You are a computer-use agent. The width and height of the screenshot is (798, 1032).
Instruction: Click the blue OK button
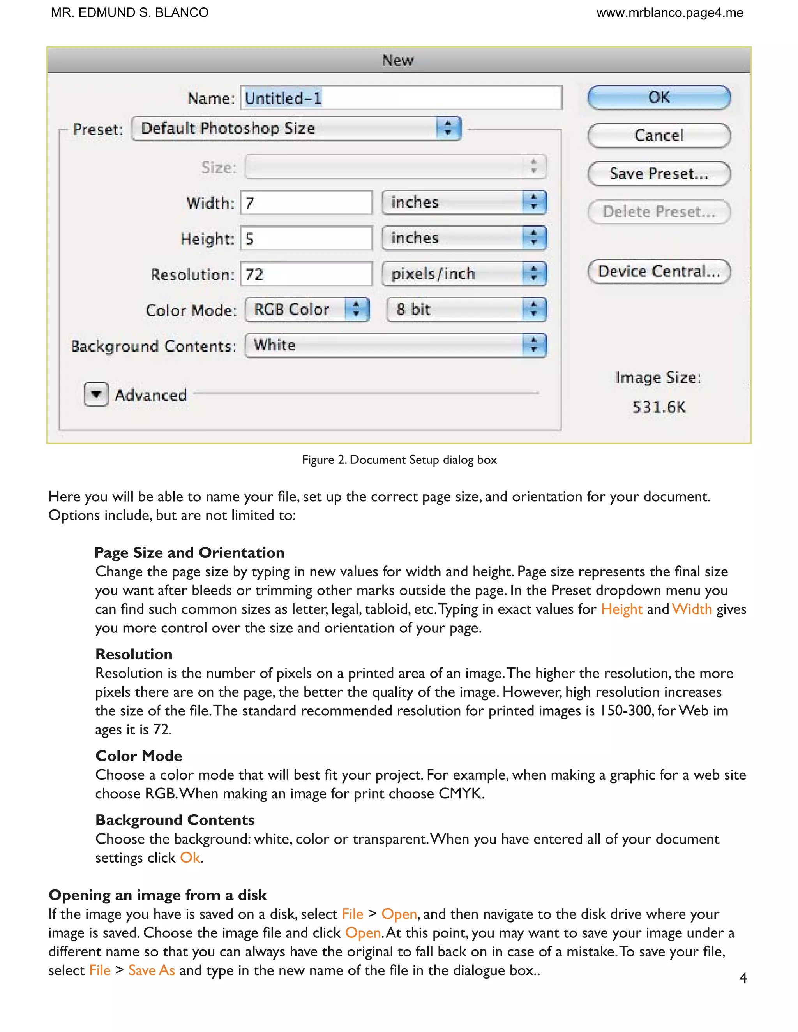[x=659, y=98]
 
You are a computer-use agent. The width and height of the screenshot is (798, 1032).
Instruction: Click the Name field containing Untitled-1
[x=401, y=98]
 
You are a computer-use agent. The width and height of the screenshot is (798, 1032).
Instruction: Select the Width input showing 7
[x=306, y=203]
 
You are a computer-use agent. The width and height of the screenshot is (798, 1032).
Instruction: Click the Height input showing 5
[x=306, y=239]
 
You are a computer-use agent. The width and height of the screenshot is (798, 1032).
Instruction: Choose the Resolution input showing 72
[x=306, y=274]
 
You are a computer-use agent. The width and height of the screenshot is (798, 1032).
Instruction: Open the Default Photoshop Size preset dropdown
[x=297, y=129]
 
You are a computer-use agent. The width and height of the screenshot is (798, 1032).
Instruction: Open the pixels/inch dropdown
[x=464, y=274]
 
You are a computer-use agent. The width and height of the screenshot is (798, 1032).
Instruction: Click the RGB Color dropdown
[x=307, y=310]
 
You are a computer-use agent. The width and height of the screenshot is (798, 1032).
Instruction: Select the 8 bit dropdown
[x=466, y=310]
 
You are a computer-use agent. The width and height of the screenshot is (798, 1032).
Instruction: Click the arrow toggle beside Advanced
[x=96, y=394]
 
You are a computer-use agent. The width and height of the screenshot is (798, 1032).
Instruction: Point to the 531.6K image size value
[x=659, y=407]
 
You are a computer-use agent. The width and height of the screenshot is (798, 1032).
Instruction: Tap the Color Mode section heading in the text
[x=138, y=756]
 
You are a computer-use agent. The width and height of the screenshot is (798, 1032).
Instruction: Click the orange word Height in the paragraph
[x=621, y=609]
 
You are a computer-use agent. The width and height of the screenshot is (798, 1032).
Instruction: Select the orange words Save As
[x=151, y=970]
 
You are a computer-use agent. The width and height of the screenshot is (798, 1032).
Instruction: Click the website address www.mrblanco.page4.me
[x=669, y=13]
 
